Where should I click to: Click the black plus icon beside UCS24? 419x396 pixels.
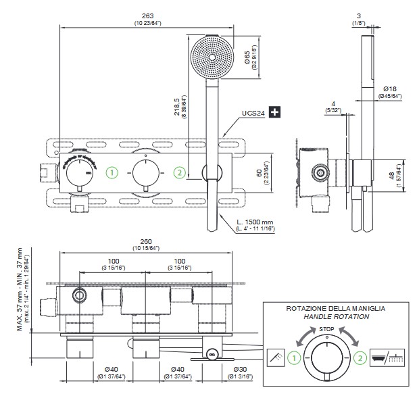point(274,112)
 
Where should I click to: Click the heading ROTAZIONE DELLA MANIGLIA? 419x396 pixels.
point(335,307)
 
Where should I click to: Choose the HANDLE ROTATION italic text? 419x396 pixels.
point(335,316)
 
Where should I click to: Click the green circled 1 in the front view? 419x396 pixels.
point(113,172)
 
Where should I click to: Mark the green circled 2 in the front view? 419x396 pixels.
point(180,172)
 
